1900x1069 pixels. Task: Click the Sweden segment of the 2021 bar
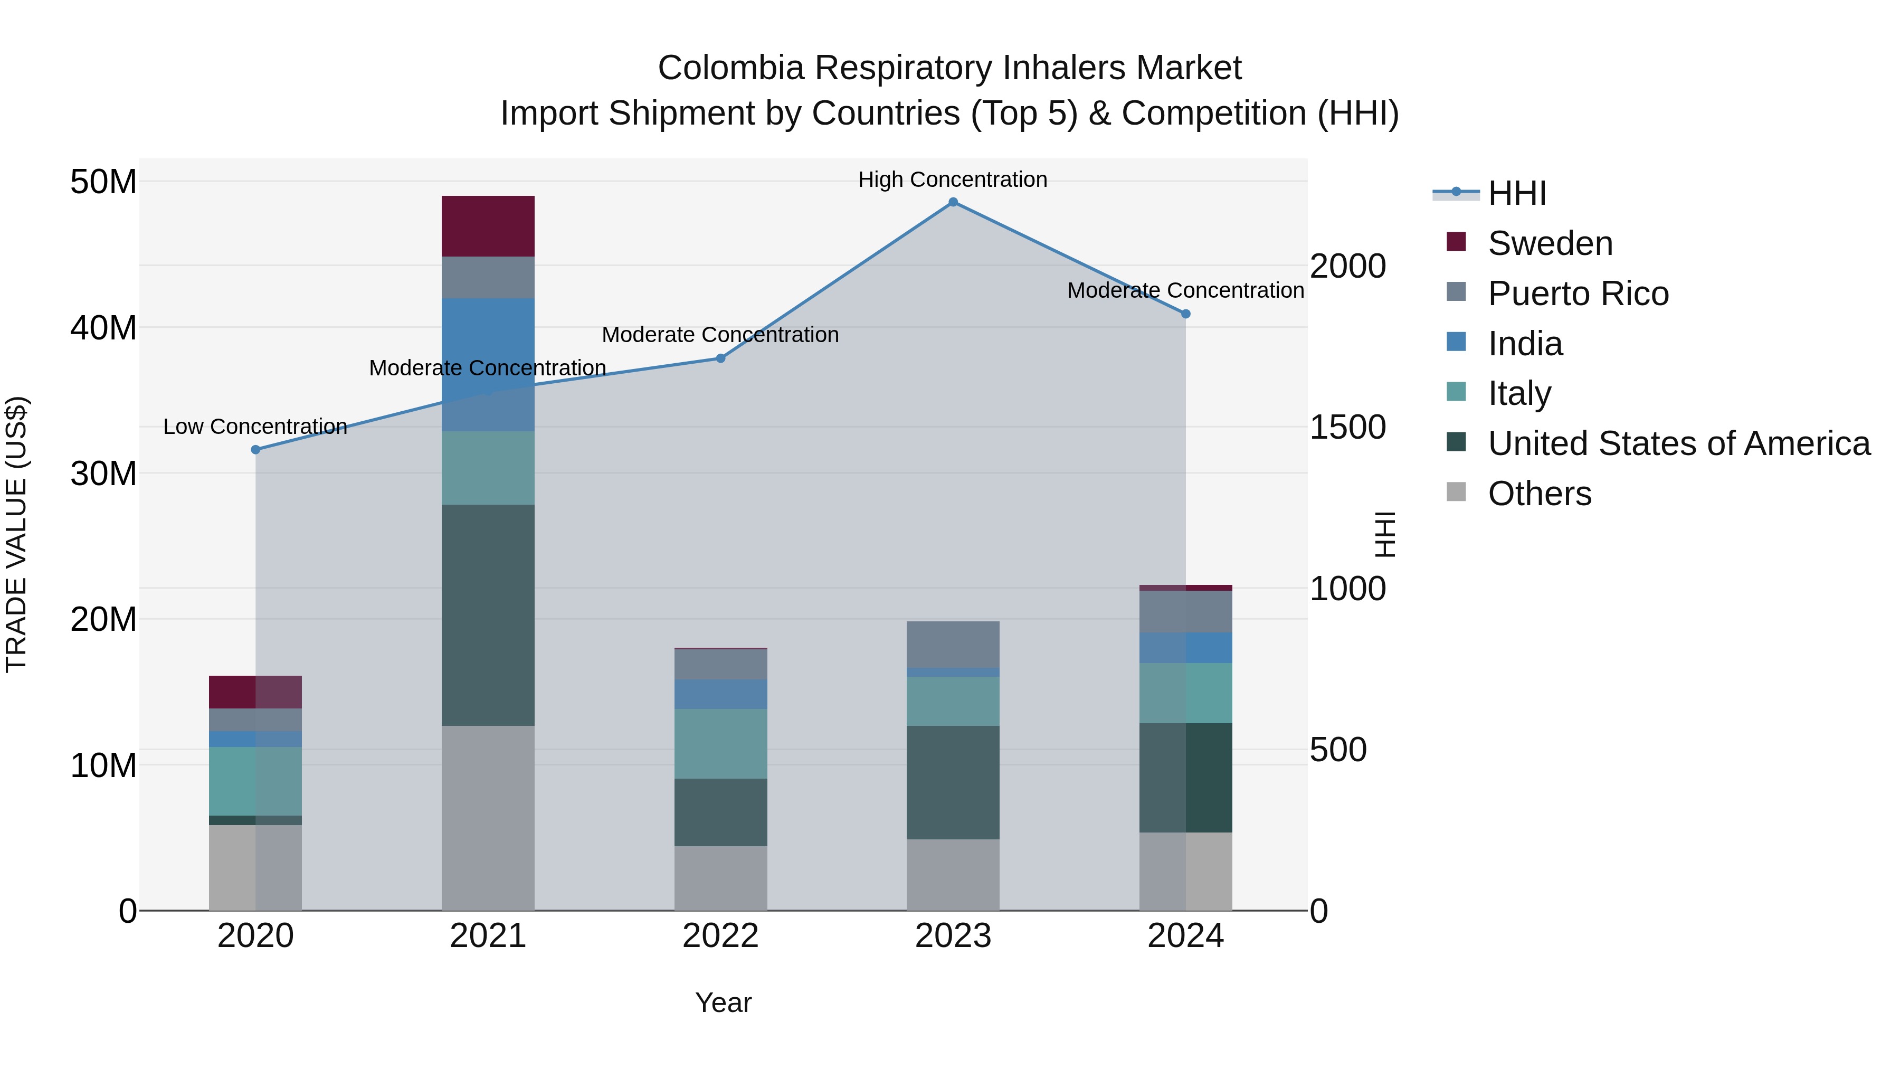pos(488,226)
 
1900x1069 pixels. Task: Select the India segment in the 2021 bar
pos(488,364)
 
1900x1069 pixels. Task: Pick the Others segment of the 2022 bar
pos(720,878)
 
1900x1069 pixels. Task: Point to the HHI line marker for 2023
pos(953,202)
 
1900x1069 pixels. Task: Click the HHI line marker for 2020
pos(256,449)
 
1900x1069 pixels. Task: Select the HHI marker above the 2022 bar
pos(720,358)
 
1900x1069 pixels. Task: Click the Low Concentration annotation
pos(255,427)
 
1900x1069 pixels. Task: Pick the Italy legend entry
pos(1519,393)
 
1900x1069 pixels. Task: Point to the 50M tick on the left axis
pos(103,182)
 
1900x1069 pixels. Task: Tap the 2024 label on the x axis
pos(1185,936)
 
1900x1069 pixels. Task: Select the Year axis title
pos(723,1002)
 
